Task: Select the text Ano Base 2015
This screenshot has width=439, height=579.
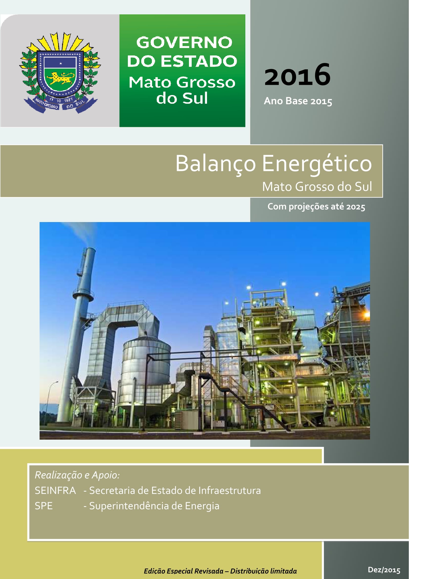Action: pos(298,101)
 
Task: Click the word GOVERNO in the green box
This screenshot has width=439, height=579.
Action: pos(184,42)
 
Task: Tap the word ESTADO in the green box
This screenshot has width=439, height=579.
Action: pos(199,61)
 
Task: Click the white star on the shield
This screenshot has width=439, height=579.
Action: pos(61,63)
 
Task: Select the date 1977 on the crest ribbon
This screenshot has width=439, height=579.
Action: pos(69,100)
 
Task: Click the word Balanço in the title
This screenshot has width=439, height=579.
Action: pos(215,164)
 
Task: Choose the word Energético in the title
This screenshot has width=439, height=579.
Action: pos(317,164)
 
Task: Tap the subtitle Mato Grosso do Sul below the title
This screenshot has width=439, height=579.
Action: pos(317,187)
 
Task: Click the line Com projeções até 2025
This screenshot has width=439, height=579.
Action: pos(316,206)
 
